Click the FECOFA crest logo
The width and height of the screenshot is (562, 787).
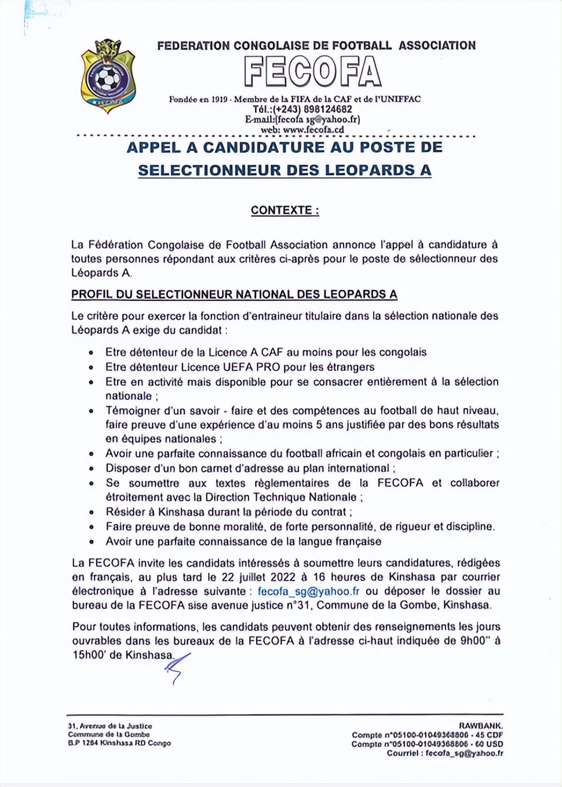108,75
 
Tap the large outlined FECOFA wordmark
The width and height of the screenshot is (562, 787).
312,72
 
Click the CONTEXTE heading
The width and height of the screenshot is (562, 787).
284,211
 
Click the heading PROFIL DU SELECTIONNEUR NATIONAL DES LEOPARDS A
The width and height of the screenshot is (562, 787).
234,294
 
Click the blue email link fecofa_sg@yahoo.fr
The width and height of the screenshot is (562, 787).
309,591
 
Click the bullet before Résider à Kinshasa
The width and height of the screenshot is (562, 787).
91,513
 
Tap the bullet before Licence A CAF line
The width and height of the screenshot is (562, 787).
91,353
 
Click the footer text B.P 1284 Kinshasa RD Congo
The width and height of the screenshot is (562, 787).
119,743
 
